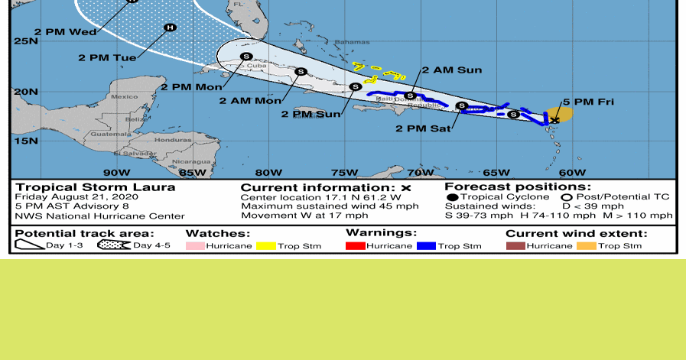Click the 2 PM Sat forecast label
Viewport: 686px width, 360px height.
422,128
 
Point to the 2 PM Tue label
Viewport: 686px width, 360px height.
107,57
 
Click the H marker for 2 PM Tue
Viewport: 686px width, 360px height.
170,28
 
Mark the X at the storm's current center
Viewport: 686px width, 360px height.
555,120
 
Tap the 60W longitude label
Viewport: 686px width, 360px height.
572,172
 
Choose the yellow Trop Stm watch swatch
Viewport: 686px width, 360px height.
265,246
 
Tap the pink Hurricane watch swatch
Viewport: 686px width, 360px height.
195,246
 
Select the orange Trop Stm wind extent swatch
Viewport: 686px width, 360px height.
586,246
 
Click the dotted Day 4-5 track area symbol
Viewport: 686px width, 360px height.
114,246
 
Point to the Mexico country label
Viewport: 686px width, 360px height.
124,97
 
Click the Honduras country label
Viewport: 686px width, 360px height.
173,141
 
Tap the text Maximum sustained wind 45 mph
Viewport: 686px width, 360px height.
330,206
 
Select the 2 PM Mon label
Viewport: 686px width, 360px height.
192,86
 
